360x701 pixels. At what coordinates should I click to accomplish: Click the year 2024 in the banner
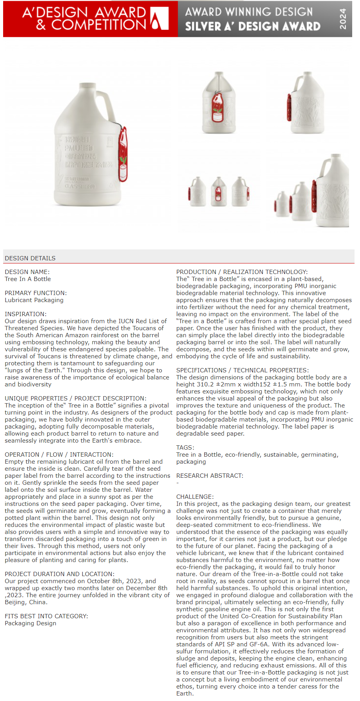[x=342, y=19]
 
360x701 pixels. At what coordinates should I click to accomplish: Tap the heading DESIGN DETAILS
[x=30, y=258]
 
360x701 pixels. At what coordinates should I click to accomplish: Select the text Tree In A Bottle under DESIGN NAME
[x=28, y=279]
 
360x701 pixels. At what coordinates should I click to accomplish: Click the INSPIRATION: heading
[x=25, y=314]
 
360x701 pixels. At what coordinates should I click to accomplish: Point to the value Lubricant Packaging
[x=34, y=300]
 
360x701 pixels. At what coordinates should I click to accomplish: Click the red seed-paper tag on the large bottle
[x=123, y=155]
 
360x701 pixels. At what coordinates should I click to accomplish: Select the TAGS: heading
[x=185, y=448]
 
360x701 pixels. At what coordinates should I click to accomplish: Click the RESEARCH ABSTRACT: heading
[x=210, y=476]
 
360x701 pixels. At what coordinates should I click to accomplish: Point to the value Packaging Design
[x=30, y=623]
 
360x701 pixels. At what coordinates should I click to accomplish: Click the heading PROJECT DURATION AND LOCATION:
[x=59, y=574]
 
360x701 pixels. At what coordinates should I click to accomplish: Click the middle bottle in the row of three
[x=219, y=192]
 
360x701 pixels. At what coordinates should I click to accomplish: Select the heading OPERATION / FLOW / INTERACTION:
[x=59, y=455]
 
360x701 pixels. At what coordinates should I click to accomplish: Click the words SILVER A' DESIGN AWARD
[x=253, y=26]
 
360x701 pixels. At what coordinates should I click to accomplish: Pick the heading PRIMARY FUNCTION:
[x=36, y=293]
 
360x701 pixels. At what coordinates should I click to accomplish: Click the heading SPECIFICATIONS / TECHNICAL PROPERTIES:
[x=242, y=370]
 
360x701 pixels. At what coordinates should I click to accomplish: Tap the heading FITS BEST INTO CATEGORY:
[x=46, y=616]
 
